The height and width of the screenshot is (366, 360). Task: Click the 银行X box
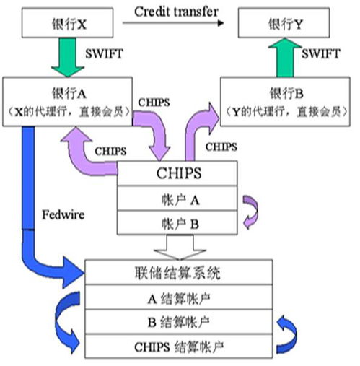pos(67,22)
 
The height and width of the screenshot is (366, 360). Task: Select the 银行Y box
pos(284,22)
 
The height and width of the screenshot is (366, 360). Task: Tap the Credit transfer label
pos(176,12)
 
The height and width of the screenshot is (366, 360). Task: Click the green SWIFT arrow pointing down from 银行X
pos(68,57)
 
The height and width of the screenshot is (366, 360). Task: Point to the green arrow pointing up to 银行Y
pos(285,57)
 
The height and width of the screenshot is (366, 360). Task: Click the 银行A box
pos(67,102)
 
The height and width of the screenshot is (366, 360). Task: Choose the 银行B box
pos(285,102)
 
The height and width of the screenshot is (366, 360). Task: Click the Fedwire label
pos(63,214)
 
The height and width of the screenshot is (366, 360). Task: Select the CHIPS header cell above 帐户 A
pos(177,173)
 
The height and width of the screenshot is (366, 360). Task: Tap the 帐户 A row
pos(177,199)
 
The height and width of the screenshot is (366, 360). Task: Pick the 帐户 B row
pos(177,222)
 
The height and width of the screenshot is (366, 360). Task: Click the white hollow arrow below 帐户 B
pos(180,248)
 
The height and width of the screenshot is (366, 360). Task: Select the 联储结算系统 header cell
pos(179,272)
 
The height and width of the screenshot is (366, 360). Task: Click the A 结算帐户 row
pos(179,297)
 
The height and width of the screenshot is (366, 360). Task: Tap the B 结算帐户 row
pos(179,322)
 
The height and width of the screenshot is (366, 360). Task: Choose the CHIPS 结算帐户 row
pos(179,347)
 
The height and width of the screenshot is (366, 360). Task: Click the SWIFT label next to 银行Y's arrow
pos(320,53)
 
